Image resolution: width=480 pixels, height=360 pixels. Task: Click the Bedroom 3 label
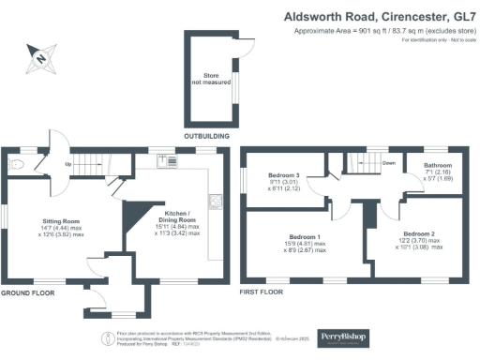284,176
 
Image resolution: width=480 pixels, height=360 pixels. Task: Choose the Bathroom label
437,164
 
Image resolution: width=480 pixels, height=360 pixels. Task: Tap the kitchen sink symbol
173,161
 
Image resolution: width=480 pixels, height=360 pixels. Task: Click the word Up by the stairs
68,165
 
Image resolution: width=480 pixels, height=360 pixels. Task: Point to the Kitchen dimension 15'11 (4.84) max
180,226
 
